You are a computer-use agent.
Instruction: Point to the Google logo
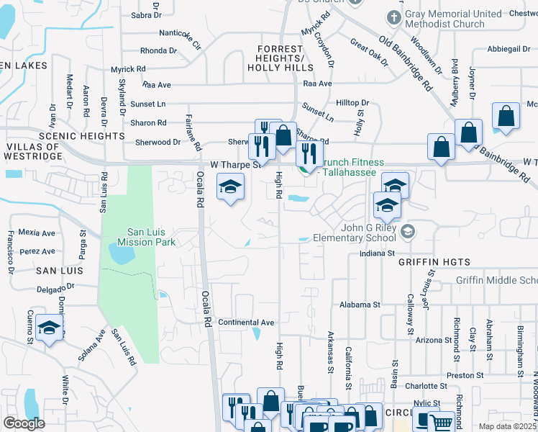pyautogui.click(x=24, y=423)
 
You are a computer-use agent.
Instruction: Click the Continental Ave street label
pyautogui.click(x=247, y=322)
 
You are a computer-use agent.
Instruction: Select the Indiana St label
pyautogui.click(x=378, y=253)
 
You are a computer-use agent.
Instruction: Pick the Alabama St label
pyautogui.click(x=360, y=305)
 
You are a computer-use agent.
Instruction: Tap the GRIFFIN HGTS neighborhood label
pyautogui.click(x=435, y=263)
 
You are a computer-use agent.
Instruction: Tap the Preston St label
pyautogui.click(x=464, y=375)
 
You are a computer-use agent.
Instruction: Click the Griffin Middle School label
pyautogui.click(x=496, y=280)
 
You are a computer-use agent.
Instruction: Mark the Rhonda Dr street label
pyautogui.click(x=158, y=50)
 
